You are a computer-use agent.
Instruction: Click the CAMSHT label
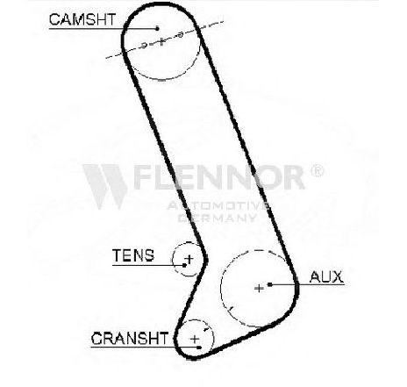coord(82,19)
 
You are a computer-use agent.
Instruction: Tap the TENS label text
coord(133,255)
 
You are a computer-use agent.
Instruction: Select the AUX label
coord(326,276)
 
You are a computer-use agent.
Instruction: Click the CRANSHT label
coord(130,338)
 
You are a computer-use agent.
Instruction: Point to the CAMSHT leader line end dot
coord(157,28)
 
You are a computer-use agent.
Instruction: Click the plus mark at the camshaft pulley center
coord(161,42)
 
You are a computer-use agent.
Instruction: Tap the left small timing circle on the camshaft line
coord(144,45)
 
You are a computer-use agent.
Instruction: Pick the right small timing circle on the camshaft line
coord(181,35)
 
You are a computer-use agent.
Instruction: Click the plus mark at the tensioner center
coord(189,259)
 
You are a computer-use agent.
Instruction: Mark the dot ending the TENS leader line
coord(184,265)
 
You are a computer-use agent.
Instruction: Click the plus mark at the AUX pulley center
coord(259,289)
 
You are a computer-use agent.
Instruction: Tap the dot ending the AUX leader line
coord(270,284)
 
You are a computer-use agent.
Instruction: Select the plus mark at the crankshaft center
coord(195,339)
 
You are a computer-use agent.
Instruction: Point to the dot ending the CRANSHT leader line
coord(199,348)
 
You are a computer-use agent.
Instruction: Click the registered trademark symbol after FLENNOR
coord(317,170)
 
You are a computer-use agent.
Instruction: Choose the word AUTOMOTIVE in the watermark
coord(218,205)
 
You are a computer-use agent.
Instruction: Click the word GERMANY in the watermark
coord(217,218)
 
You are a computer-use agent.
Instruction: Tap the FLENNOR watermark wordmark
coord(220,177)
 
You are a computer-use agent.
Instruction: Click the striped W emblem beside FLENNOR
coord(105,187)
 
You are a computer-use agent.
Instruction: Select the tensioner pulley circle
coord(173,259)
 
